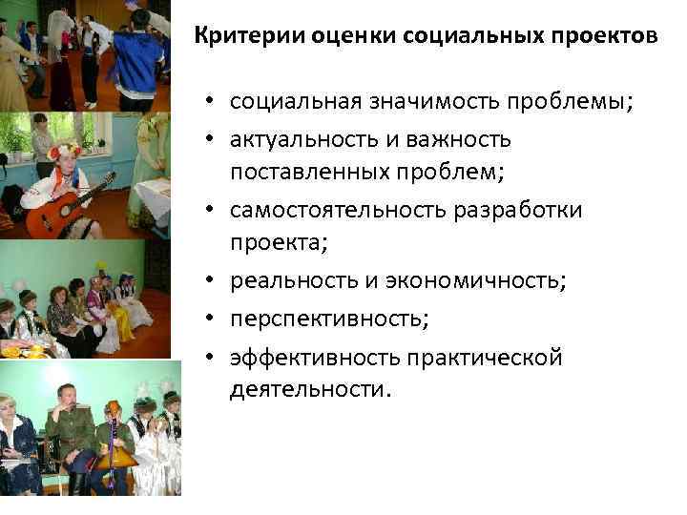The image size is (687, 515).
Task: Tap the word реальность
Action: [284, 281]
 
